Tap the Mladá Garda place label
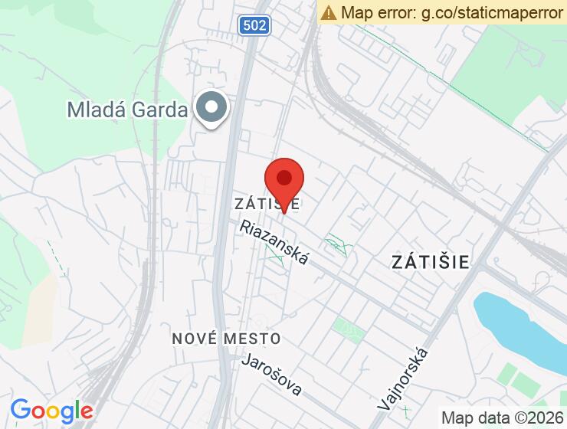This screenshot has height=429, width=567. click(x=127, y=110)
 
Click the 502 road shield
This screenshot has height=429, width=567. click(x=253, y=26)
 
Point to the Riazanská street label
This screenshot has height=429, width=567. click(x=274, y=242)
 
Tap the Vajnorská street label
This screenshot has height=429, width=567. click(x=404, y=378)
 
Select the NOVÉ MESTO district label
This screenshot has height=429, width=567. click(x=226, y=338)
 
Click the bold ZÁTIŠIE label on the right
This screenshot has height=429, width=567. click(x=430, y=261)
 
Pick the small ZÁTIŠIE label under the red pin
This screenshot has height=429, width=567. click(x=267, y=204)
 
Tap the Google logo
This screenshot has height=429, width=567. click(x=51, y=411)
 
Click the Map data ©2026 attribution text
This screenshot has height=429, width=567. click(x=502, y=418)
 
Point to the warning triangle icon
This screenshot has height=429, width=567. click(x=329, y=12)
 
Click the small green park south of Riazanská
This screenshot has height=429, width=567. click(x=349, y=331)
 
